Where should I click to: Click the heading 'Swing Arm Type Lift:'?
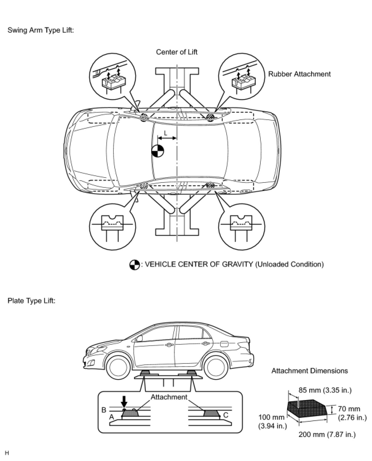click(x=41, y=30)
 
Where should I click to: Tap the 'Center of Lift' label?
click(x=176, y=52)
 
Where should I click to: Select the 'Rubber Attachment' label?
click(x=299, y=74)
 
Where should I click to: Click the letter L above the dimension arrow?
click(x=166, y=133)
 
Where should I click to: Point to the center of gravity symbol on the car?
click(x=158, y=151)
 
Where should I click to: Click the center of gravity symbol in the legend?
click(x=134, y=265)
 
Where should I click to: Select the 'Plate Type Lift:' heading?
click(x=31, y=300)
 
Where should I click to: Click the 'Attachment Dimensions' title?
click(x=310, y=371)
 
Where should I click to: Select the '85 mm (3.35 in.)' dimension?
click(x=325, y=390)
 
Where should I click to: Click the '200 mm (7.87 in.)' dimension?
click(x=327, y=434)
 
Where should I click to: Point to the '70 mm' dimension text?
click(x=349, y=409)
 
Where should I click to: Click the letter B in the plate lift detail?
click(x=104, y=410)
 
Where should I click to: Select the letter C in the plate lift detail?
click(x=226, y=415)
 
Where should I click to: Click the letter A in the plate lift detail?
click(x=112, y=417)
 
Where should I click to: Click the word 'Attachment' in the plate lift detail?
click(x=169, y=397)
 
